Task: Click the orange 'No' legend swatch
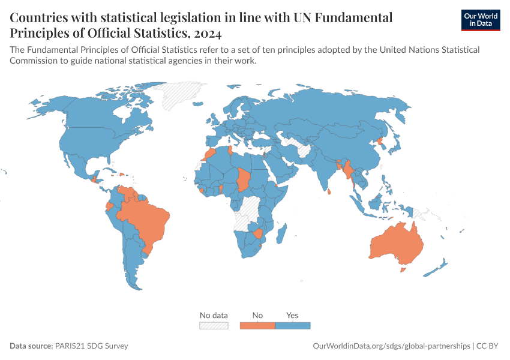(257, 325)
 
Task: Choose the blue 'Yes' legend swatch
(293, 325)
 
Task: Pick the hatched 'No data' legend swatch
(214, 325)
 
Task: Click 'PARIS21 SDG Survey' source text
(91, 346)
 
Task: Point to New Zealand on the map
(436, 268)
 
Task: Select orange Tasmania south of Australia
(403, 270)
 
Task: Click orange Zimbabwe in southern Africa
(257, 233)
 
